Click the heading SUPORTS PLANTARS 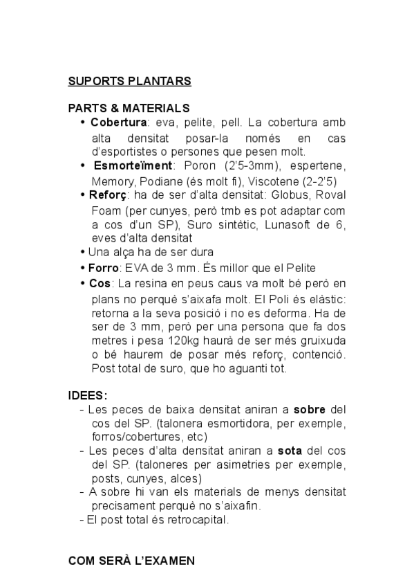[x=129, y=81]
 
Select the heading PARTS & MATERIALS [x=129, y=109]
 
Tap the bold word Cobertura [x=118, y=123]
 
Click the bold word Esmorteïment [x=133, y=166]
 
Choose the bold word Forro [x=102, y=268]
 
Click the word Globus [x=289, y=195]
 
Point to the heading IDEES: [x=88, y=395]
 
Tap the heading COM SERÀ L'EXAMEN [x=131, y=561]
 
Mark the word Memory [x=111, y=181]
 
